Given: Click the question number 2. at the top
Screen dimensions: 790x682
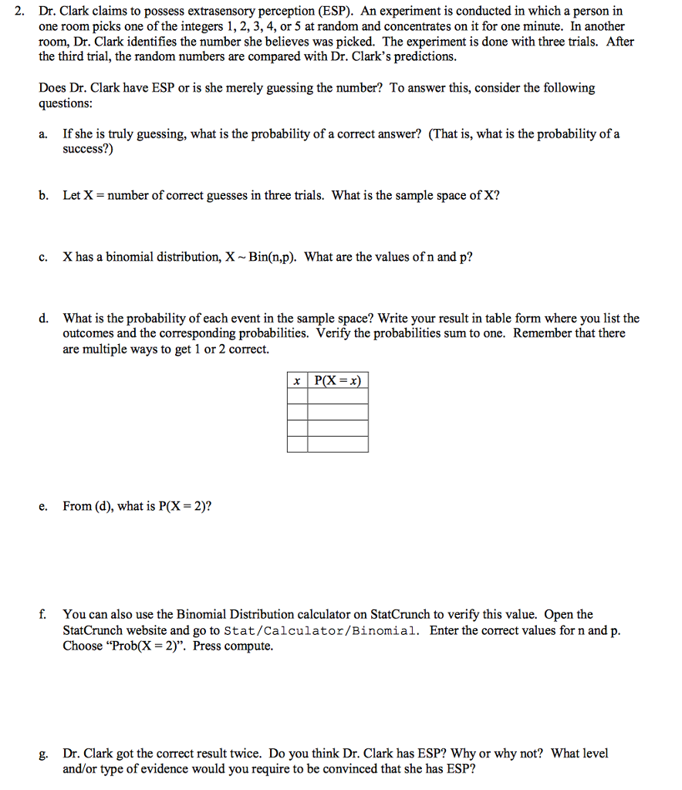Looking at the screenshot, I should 20,12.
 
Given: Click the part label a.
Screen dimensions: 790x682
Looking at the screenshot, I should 44,134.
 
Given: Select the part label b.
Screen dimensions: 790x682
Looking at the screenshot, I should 44,195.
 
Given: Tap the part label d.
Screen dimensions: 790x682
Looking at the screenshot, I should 44,319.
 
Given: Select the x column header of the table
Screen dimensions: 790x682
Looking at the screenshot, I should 297,380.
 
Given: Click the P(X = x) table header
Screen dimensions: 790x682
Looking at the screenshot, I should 338,380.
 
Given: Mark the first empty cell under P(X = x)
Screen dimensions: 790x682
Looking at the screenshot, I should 338,397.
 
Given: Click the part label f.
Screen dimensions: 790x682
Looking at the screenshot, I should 43,615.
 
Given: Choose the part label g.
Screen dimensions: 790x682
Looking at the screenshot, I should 44,754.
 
